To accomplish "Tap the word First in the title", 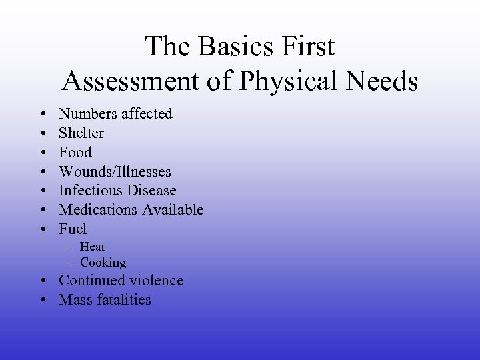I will tap(307, 47).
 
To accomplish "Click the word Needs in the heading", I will tap(385, 81).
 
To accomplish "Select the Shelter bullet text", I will tap(81, 133).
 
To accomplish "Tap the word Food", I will tap(75, 152).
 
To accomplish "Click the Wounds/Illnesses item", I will tap(115, 171).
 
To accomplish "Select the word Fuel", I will tap(73, 229).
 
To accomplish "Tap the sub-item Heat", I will tap(93, 247).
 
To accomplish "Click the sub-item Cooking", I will tap(103, 263).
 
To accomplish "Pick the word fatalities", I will tap(125, 300).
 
